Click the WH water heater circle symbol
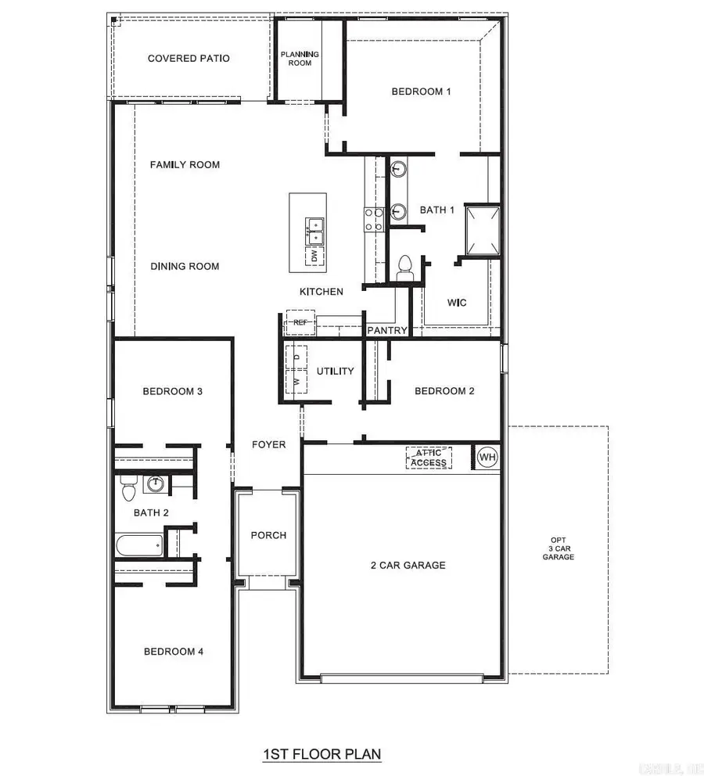487,457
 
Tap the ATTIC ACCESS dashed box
429,458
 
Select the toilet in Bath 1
405,266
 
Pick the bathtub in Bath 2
138,545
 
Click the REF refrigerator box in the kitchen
300,322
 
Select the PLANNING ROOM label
300,59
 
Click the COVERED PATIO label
189,59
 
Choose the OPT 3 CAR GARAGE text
559,549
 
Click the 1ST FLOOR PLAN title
321,755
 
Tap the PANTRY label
387,331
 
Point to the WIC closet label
456,303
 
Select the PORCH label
268,536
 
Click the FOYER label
268,444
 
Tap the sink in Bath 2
155,484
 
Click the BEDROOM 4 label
174,651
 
